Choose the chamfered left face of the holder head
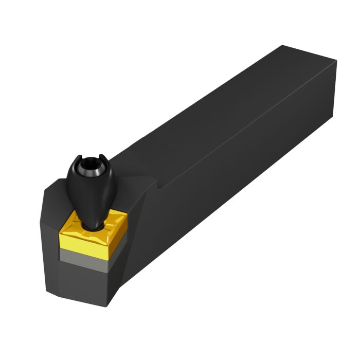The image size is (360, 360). coord(49,242)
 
